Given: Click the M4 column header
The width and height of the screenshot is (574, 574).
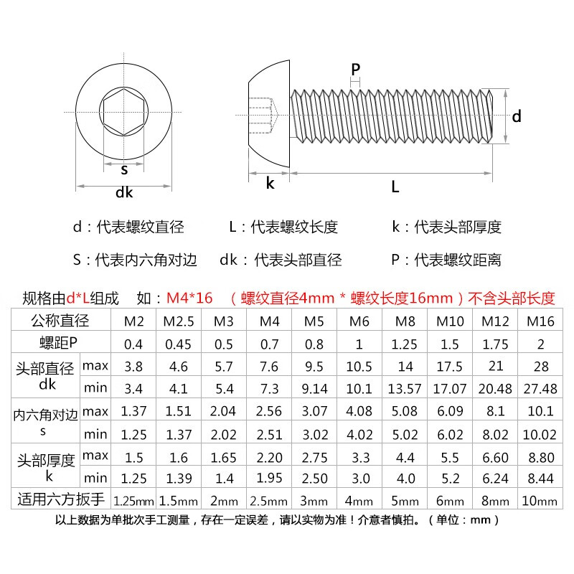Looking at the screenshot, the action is [x=270, y=321].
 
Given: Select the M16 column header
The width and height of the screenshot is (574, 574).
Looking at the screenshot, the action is [x=540, y=321].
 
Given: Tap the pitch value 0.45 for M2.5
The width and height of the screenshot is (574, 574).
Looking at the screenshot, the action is [x=178, y=344].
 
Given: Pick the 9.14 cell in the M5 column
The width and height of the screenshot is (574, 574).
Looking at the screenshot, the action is [x=314, y=388].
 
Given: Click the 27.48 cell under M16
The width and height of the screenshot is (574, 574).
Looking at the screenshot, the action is [x=540, y=388].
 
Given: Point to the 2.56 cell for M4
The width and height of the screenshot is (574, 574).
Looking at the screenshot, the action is [x=269, y=411].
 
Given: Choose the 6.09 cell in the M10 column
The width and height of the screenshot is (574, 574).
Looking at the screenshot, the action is [x=450, y=411].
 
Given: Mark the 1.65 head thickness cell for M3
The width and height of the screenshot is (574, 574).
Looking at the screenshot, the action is [x=224, y=458].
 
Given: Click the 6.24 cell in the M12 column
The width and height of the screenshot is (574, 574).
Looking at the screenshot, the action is [x=495, y=479].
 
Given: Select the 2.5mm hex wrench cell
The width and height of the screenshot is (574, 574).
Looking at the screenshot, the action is [x=268, y=501].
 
